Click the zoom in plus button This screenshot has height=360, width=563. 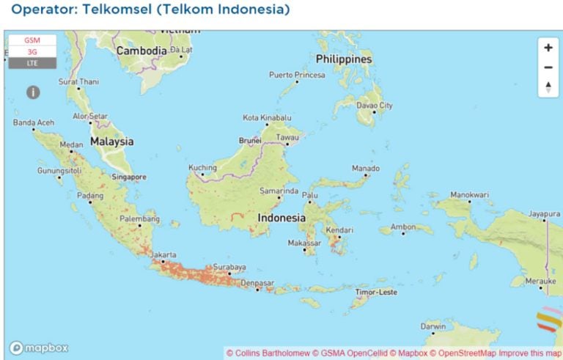point(548,48)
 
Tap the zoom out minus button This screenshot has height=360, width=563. point(548,67)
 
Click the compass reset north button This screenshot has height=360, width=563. point(548,87)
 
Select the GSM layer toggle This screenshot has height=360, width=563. point(32,40)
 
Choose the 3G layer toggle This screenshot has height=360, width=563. point(32,52)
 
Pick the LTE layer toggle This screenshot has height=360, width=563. point(32,63)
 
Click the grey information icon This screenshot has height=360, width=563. point(33,92)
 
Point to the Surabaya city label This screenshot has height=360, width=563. point(229,267)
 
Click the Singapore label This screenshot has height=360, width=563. point(129,177)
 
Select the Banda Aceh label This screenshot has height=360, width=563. point(34,122)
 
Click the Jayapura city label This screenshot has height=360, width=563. point(545,214)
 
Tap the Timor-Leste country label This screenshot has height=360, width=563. point(376,292)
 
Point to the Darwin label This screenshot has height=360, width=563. point(433,326)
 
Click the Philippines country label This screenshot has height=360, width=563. point(344,59)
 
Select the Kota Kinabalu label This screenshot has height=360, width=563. point(268,117)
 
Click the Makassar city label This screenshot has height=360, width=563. point(304,243)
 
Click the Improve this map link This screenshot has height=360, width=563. point(531,353)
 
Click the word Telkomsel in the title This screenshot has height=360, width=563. point(112,10)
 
